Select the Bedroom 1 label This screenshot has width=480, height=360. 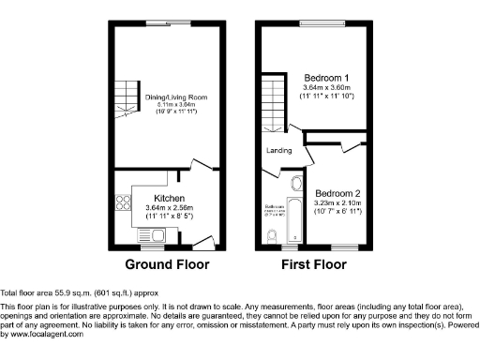pyautogui.click(x=327, y=77)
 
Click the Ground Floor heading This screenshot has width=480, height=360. pyautogui.click(x=168, y=265)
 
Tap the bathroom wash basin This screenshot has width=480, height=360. pyautogui.click(x=296, y=183)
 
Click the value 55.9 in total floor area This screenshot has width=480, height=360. pyautogui.click(x=61, y=292)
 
